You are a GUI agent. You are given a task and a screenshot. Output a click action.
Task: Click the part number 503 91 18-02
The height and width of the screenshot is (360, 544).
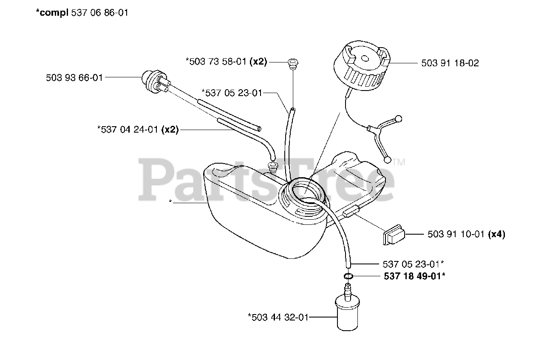coord(450,63)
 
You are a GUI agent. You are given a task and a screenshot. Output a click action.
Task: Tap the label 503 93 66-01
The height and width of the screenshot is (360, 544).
coord(80,78)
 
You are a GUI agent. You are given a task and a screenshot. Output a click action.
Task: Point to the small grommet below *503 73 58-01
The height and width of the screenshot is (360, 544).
coord(292,64)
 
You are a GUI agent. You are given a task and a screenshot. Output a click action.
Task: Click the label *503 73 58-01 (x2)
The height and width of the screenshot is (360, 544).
coord(226,62)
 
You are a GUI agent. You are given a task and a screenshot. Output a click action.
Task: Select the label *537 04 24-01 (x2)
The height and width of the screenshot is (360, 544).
coord(138,130)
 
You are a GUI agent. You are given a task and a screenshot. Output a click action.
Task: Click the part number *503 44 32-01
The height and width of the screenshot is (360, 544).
coord(278,317)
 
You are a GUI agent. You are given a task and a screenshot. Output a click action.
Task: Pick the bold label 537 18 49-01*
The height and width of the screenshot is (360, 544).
coord(414,276)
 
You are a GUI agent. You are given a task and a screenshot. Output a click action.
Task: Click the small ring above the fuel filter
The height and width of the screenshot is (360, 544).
coord(348,276)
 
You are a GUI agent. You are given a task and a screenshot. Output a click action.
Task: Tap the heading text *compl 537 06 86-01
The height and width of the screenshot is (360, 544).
coord(82,13)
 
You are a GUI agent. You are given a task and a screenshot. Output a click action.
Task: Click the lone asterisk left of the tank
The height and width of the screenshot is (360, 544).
coord(170,202)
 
